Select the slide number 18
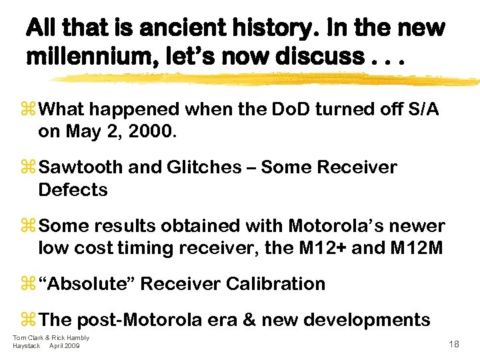(455, 344)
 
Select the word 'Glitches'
(205, 167)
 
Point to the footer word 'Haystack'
(27, 345)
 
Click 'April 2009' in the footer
(65, 345)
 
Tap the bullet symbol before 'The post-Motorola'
(31, 320)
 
